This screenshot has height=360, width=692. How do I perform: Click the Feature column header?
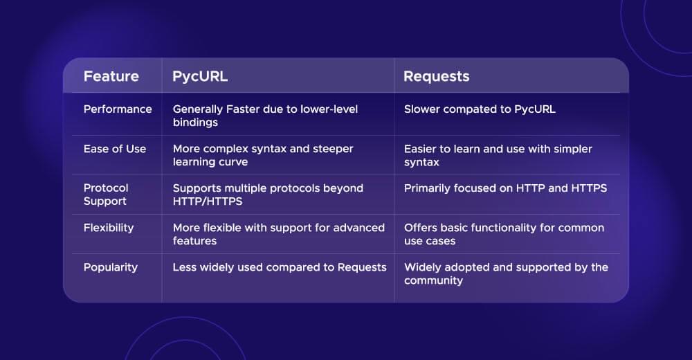(111, 76)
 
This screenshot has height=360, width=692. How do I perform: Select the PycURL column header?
(200, 76)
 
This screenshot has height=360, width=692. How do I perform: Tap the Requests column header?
(436, 76)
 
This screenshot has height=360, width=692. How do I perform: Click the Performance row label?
(118, 109)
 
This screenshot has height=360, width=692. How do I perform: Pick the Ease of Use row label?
(115, 149)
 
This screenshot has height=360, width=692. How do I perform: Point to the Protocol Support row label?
(106, 195)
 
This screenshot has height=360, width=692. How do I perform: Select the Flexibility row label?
(109, 227)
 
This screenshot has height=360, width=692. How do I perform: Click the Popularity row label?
(111, 267)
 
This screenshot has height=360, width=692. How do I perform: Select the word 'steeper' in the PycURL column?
(334, 149)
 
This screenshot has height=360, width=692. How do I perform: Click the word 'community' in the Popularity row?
(433, 280)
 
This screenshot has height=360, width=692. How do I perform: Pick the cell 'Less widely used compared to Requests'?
(280, 267)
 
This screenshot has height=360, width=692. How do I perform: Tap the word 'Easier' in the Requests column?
(421, 149)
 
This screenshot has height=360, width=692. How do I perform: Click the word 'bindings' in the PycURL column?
(195, 123)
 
